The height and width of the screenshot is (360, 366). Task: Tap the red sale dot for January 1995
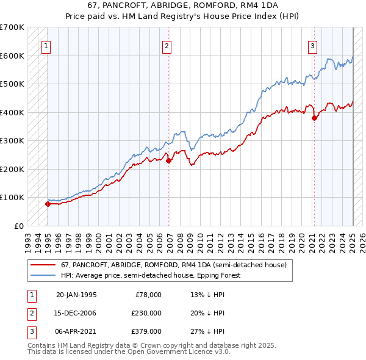point(48,204)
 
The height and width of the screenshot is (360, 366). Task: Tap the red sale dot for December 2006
point(168,160)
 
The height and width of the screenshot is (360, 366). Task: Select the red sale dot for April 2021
point(314,118)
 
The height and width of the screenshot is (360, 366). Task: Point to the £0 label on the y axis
point(18,226)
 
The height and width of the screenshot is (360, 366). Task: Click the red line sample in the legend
point(43,265)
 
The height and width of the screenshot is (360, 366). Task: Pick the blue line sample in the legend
point(43,275)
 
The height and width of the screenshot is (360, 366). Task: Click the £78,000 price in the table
point(148,295)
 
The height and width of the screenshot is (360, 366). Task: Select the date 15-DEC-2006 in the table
point(76,313)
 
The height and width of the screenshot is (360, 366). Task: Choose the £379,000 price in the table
point(146,331)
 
